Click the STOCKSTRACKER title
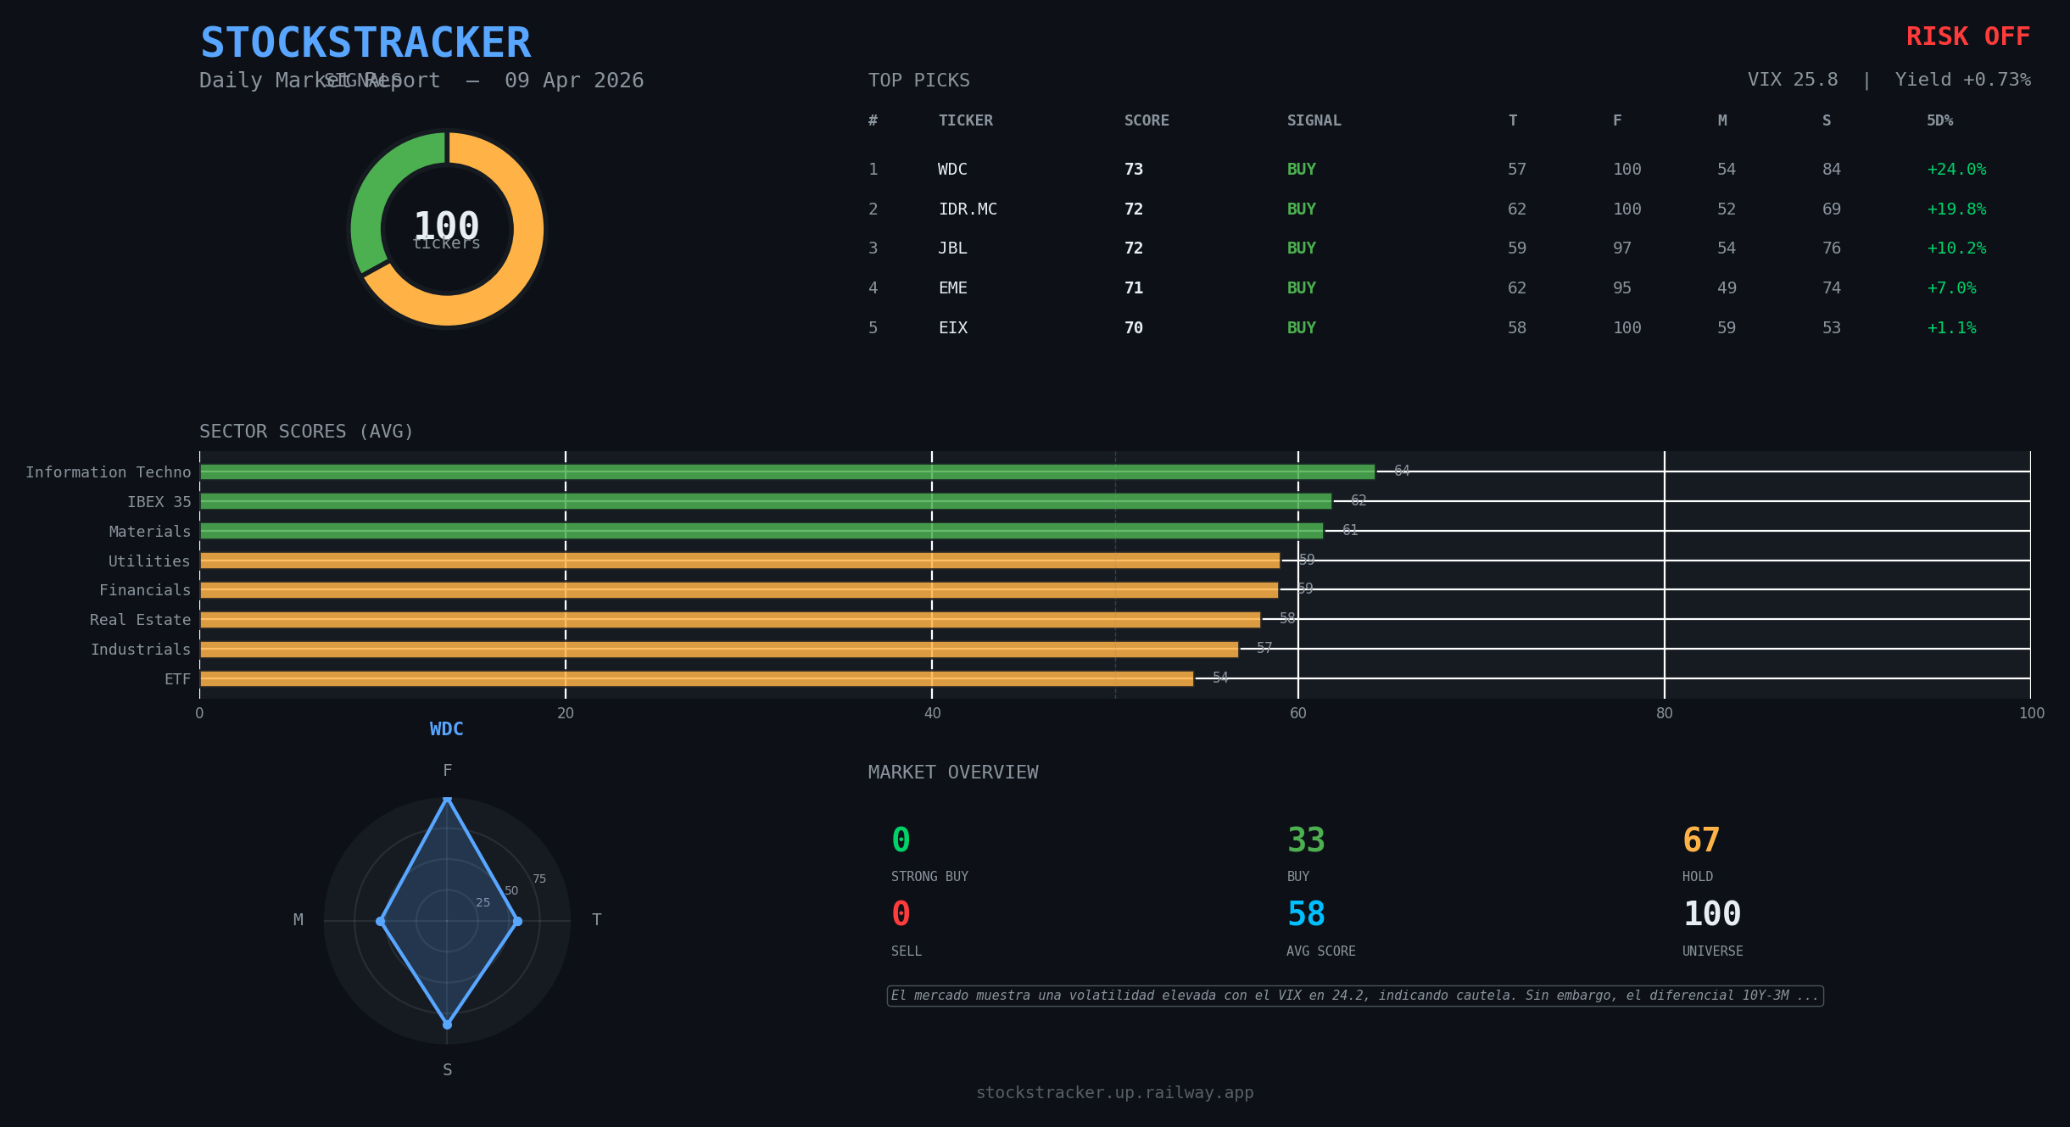pyautogui.click(x=365, y=43)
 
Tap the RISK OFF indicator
pyautogui.click(x=1967, y=37)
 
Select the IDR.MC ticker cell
pyautogui.click(x=967, y=209)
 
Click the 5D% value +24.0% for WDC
pyautogui.click(x=1956, y=170)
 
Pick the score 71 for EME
pyautogui.click(x=1133, y=288)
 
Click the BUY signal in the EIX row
pyautogui.click(x=1301, y=328)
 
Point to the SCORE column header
pyautogui.click(x=1146, y=121)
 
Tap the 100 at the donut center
pyautogui.click(x=446, y=226)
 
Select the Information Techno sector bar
pyautogui.click(x=787, y=472)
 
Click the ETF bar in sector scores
pyautogui.click(x=695, y=679)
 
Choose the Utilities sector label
pyautogui.click(x=149, y=561)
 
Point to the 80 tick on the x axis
pyautogui.click(x=1664, y=713)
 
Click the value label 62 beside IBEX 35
pyautogui.click(x=1358, y=501)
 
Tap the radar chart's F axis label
pyautogui.click(x=447, y=771)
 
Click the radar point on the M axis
pyautogui.click(x=381, y=921)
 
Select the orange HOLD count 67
pyautogui.click(x=1700, y=840)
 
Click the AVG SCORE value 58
pyautogui.click(x=1305, y=914)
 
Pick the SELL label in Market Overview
pyautogui.click(x=906, y=951)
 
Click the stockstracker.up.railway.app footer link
pyautogui.click(x=1114, y=1093)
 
